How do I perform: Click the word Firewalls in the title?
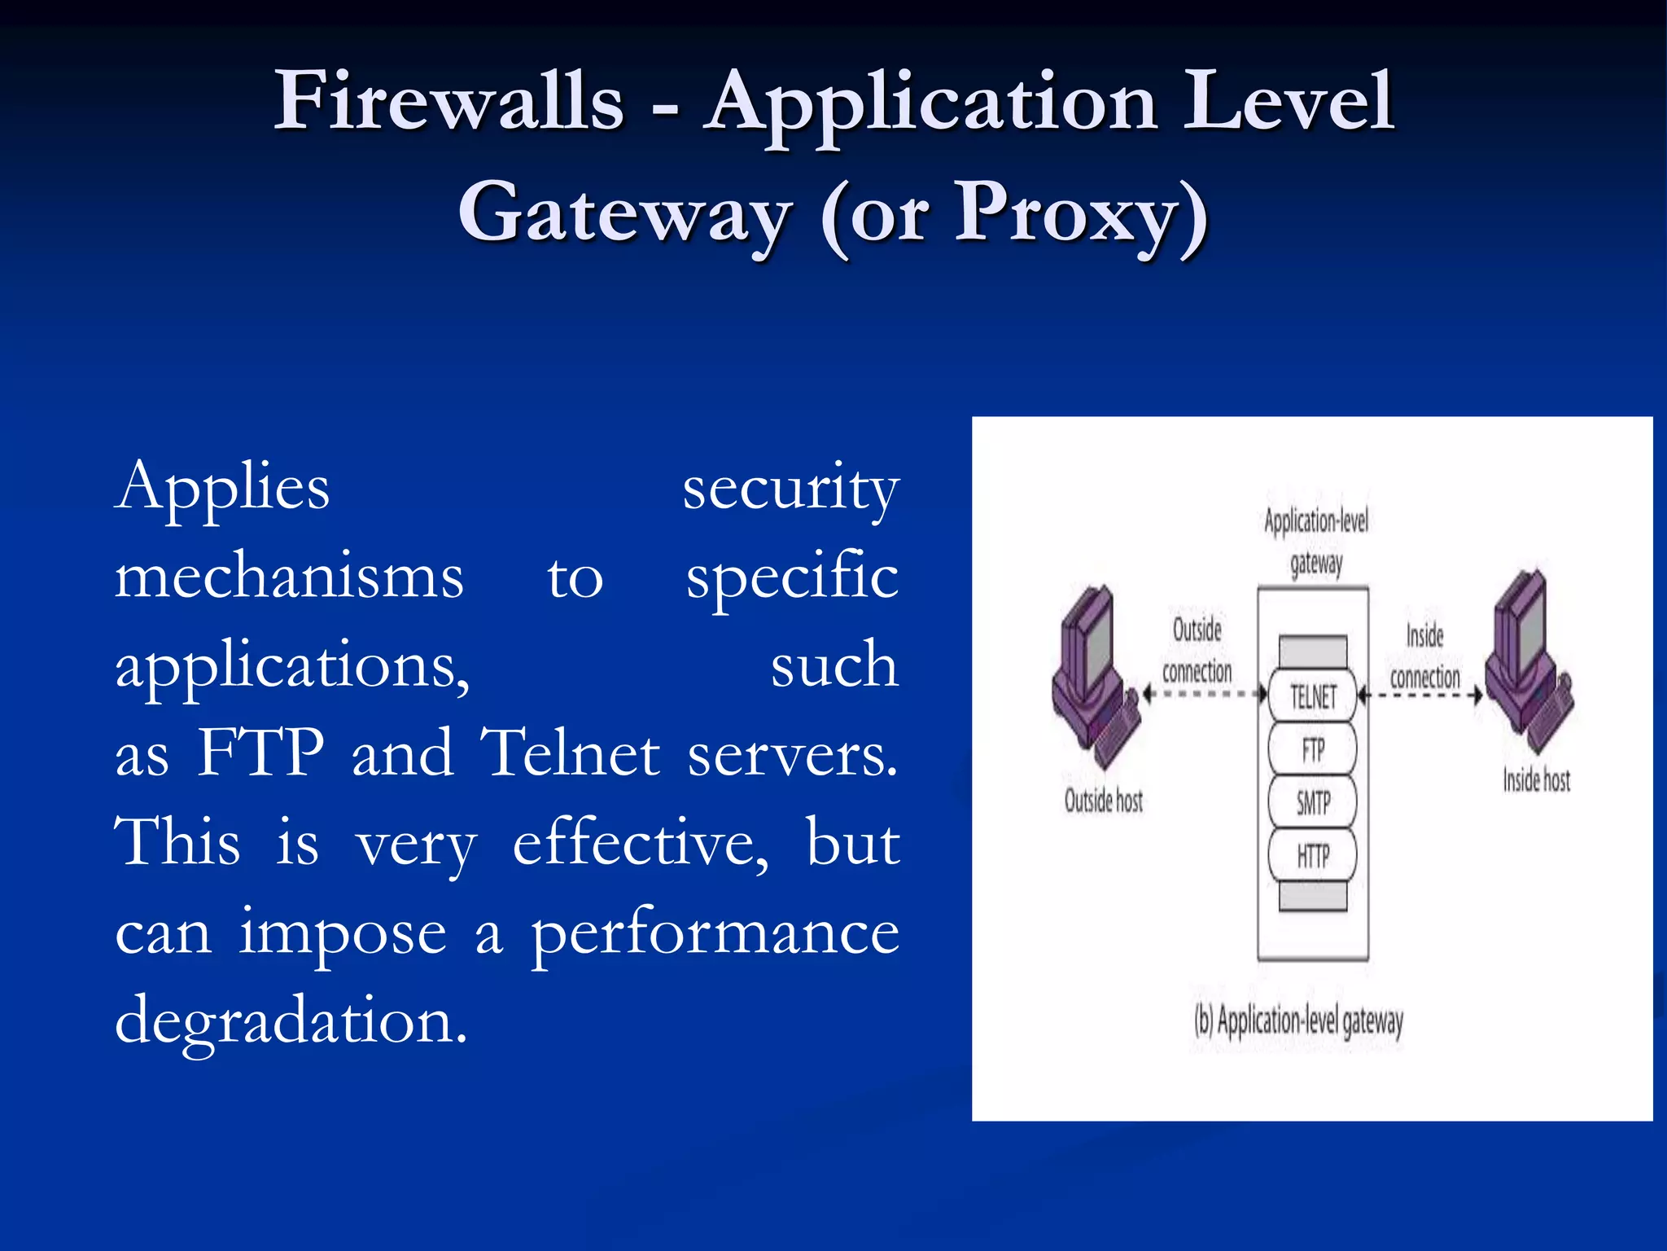[x=449, y=101]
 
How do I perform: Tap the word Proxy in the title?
[x=1066, y=213]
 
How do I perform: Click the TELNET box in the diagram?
[x=1313, y=696]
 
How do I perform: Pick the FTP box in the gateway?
[x=1313, y=749]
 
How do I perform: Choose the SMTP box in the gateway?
[x=1313, y=803]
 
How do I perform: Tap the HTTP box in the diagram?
[x=1313, y=856]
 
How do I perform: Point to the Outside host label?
[x=1104, y=801]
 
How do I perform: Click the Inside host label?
[x=1536, y=780]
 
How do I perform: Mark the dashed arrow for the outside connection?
[x=1205, y=694]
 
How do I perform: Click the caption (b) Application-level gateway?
[x=1299, y=1021]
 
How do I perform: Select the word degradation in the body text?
[x=291, y=1020]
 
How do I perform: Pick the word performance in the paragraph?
[x=715, y=932]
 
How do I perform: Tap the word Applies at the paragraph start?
[x=222, y=487]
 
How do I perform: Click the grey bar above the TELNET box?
[x=1313, y=652]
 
